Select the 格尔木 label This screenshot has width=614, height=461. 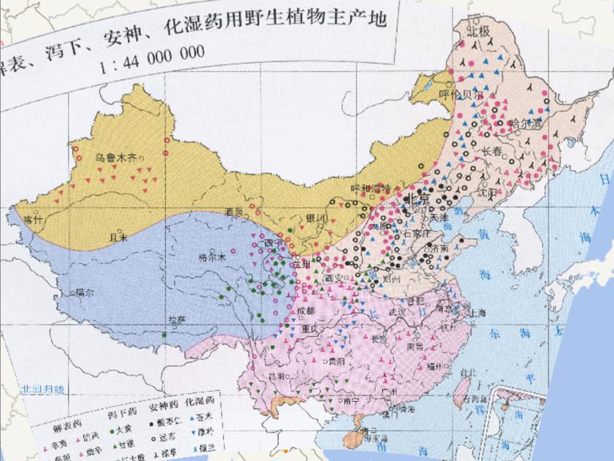point(213,257)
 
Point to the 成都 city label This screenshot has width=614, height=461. point(305,311)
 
